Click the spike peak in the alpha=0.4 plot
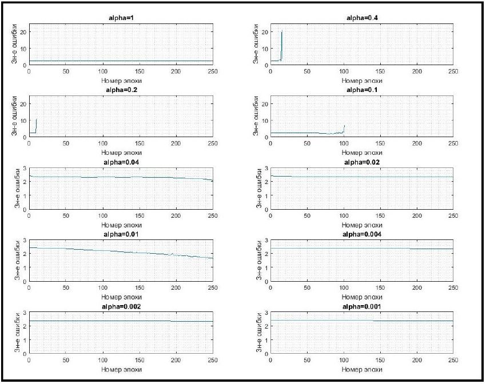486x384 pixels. click(x=282, y=31)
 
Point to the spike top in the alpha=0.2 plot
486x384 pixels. click(x=37, y=119)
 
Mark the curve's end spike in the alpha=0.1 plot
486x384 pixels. click(x=344, y=125)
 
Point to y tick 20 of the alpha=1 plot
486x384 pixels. click(x=23, y=31)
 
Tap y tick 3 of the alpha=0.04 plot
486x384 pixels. click(x=25, y=169)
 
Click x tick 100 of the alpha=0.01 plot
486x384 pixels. click(x=102, y=288)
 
